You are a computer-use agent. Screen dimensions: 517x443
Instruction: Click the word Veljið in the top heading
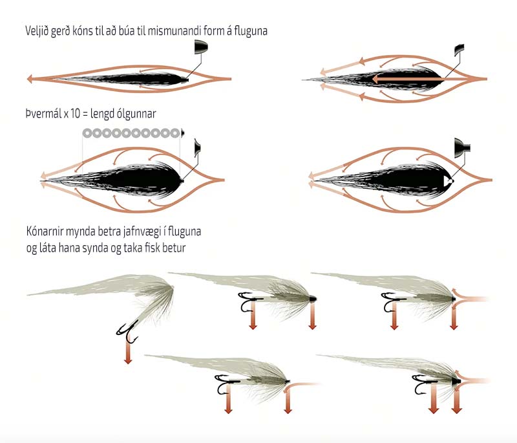coord(37,31)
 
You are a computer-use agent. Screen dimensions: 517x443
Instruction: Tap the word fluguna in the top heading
coord(251,30)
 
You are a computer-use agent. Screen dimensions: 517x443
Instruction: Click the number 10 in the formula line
coord(76,114)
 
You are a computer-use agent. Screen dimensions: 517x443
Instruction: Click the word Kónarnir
coord(45,232)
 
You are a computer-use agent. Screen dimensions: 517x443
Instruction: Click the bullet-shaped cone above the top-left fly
coord(201,47)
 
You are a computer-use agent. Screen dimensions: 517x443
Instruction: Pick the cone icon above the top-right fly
coord(459,50)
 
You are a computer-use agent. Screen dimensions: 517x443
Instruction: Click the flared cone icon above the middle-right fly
coord(462,148)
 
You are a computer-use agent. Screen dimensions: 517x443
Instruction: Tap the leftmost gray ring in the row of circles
coord(87,133)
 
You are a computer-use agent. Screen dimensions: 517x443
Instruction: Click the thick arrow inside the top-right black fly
coord(406,79)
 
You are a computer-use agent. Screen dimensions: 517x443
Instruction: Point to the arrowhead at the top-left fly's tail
coord(30,79)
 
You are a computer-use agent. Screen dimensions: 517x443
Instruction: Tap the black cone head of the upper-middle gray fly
coord(312,299)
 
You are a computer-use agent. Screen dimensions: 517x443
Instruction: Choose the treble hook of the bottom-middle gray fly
coord(225,384)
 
